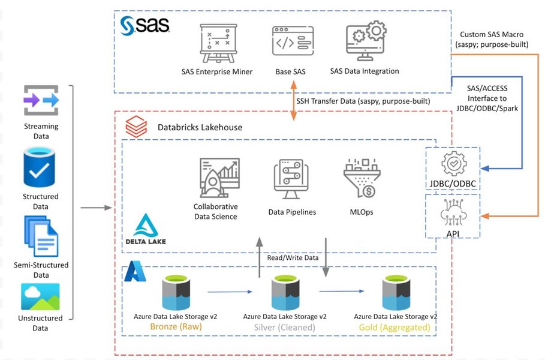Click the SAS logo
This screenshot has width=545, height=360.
(x=144, y=25)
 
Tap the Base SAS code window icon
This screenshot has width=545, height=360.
(x=290, y=43)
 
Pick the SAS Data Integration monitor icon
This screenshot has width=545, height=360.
(x=365, y=41)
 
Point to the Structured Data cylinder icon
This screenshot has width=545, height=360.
(x=41, y=169)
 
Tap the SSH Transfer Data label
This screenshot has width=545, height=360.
(x=363, y=101)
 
